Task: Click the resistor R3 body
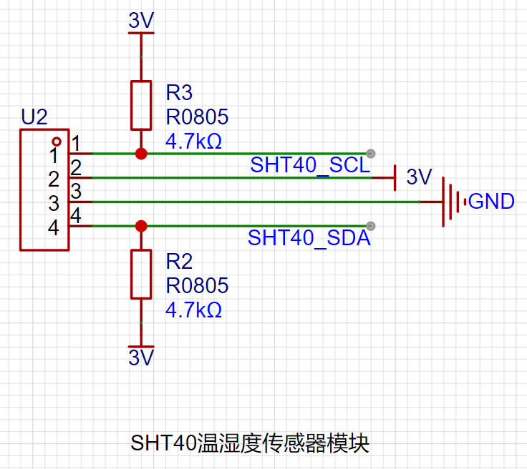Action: (x=141, y=105)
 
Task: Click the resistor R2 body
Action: (x=141, y=274)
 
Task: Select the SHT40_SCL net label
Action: (x=310, y=165)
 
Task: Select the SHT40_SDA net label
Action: (x=309, y=238)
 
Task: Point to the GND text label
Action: (x=491, y=202)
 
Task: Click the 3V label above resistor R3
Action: (x=141, y=21)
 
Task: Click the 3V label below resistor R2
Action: (x=141, y=357)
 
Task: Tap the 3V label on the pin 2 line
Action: (x=420, y=177)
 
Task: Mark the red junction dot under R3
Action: (x=141, y=154)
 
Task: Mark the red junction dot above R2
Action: (x=141, y=226)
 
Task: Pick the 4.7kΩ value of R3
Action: (x=193, y=141)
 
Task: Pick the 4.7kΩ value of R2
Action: (x=193, y=310)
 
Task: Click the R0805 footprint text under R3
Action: (x=197, y=117)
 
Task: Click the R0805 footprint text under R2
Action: (x=197, y=286)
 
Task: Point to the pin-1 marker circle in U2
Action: (x=57, y=142)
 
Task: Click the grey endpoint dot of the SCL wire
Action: (x=370, y=153)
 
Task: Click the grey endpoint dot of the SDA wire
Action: (x=370, y=226)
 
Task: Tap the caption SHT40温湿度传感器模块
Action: (x=250, y=443)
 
